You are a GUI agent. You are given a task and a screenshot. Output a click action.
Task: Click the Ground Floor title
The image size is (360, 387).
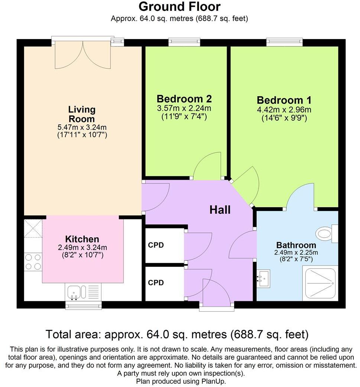pyautogui.click(x=179, y=6)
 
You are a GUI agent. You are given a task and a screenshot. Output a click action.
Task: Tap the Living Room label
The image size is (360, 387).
pyautogui.click(x=82, y=114)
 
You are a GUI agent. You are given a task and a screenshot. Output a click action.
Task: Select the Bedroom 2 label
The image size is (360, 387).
pyautogui.click(x=184, y=99)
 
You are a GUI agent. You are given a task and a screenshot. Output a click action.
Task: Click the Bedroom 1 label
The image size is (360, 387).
pyautogui.click(x=284, y=100)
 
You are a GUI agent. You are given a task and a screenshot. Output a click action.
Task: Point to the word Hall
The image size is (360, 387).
pyautogui.click(x=220, y=210)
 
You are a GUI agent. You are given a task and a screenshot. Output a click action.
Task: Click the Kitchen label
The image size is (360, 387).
pyautogui.click(x=82, y=239)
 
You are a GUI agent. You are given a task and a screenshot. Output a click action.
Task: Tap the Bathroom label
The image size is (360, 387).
pyautogui.click(x=296, y=245)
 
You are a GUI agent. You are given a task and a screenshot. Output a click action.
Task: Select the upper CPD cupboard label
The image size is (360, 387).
pyautogui.click(x=156, y=245)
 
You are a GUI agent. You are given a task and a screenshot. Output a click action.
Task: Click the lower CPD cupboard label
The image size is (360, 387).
pyautogui.click(x=156, y=283)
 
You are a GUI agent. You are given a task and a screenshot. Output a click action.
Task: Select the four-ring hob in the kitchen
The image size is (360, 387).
pyautogui.click(x=33, y=261)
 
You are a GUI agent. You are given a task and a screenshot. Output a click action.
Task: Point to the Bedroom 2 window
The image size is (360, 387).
pyautogui.click(x=184, y=42)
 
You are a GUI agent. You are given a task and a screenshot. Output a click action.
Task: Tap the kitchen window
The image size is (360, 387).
pyautogui.click(x=83, y=305)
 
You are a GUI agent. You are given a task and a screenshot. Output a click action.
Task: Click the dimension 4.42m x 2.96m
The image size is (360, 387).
pyautogui.click(x=284, y=110)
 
